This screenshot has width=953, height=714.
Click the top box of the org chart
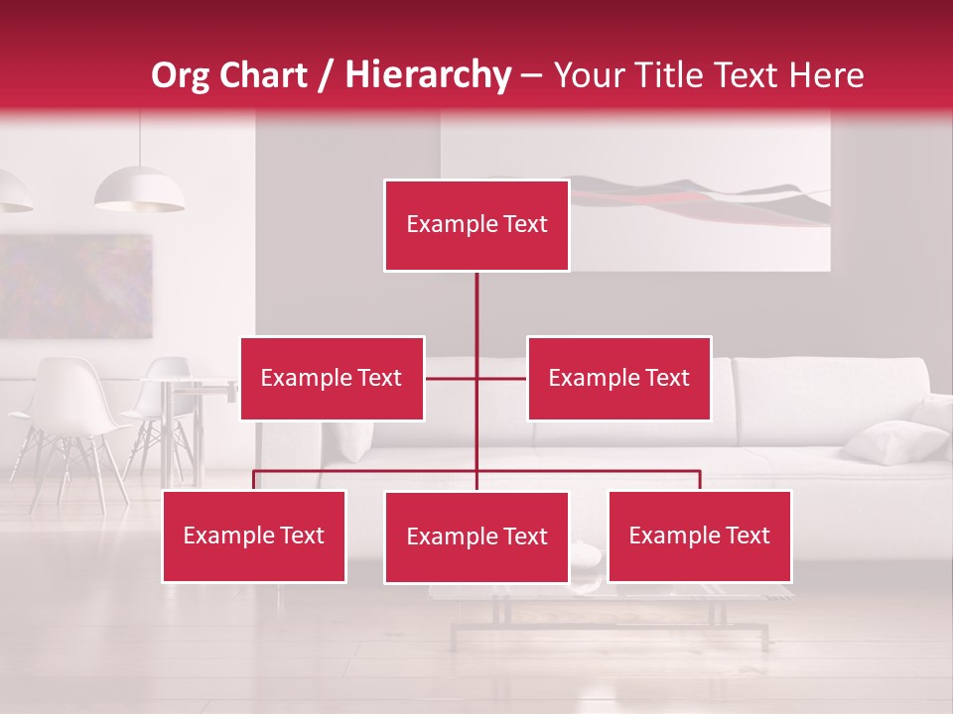pos(476,225)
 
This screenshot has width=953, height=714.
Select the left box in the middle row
pos(332,378)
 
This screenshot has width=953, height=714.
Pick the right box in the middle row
pos(618,378)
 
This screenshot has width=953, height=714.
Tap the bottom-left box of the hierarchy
pos(254,535)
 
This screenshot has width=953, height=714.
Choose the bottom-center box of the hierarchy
pos(476,536)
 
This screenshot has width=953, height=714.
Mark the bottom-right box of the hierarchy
pos(699,535)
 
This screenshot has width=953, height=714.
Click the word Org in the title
pos(180,75)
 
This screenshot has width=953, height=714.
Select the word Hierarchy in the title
pos(428,75)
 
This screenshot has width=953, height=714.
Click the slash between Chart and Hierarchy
pos(326,76)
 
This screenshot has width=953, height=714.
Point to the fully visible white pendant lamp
pos(139,189)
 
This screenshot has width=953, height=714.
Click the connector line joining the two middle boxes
pos(476,378)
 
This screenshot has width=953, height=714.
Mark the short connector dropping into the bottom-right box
pos(700,480)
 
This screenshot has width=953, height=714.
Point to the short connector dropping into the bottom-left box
pos(254,480)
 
